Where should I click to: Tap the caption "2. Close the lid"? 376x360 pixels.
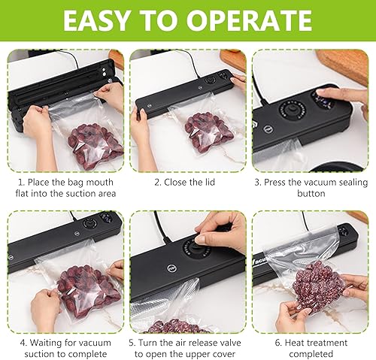coord(184,182)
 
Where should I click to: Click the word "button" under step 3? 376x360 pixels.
coord(311,193)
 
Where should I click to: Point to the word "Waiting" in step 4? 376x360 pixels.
coord(45,343)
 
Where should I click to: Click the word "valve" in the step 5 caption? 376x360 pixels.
coord(229,343)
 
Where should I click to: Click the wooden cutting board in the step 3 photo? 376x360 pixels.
coord(343,65)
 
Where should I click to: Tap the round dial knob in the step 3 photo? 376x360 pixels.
coord(292,111)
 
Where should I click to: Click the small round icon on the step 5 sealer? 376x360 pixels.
coord(171,268)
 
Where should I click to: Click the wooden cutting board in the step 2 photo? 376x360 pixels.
coord(234,59)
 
